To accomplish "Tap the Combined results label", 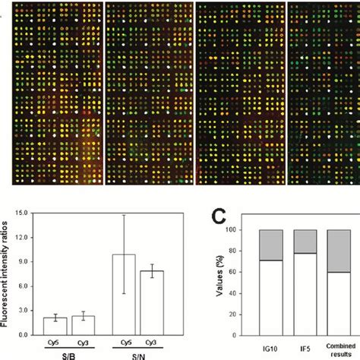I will (339, 347).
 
